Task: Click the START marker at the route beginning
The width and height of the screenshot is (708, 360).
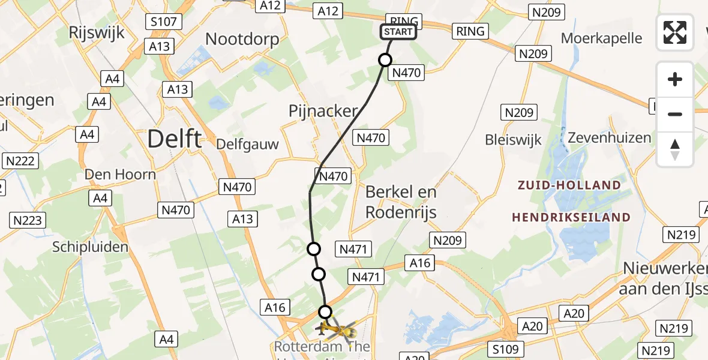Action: click(x=398, y=32)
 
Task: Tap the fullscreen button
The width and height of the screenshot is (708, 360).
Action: click(x=675, y=32)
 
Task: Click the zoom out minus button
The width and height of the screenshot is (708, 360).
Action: click(x=675, y=114)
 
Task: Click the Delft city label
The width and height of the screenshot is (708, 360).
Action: click(x=174, y=139)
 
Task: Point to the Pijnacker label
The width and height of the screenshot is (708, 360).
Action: click(x=323, y=111)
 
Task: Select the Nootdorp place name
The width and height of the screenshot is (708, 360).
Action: click(x=242, y=40)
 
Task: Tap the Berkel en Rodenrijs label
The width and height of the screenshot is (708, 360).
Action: click(x=401, y=202)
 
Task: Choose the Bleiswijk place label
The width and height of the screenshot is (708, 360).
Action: click(x=514, y=140)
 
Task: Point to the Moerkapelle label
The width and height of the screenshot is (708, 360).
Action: click(x=601, y=38)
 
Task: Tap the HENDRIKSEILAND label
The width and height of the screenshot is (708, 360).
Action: click(x=571, y=217)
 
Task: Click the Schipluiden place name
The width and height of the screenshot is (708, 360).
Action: click(x=91, y=247)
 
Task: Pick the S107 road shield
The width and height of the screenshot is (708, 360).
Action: click(x=164, y=22)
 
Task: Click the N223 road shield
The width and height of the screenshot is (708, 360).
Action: click(x=28, y=220)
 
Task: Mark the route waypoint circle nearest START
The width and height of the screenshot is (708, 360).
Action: click(x=385, y=60)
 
